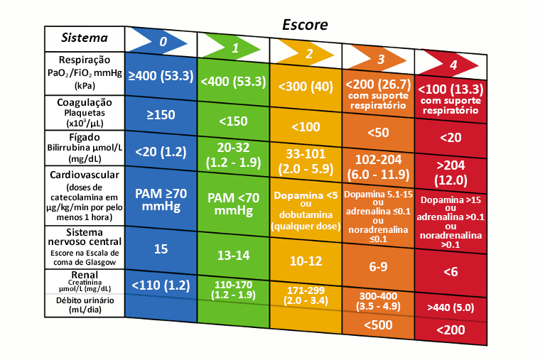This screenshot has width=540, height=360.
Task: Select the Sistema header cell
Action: tap(84, 38)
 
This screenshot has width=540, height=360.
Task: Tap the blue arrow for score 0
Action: tap(161, 41)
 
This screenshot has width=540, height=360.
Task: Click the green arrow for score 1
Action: tap(233, 47)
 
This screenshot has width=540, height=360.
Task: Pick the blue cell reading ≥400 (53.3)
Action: tap(161, 75)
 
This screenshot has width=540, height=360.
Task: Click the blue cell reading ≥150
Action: tap(161, 115)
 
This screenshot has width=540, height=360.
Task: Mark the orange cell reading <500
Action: tap(378, 324)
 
